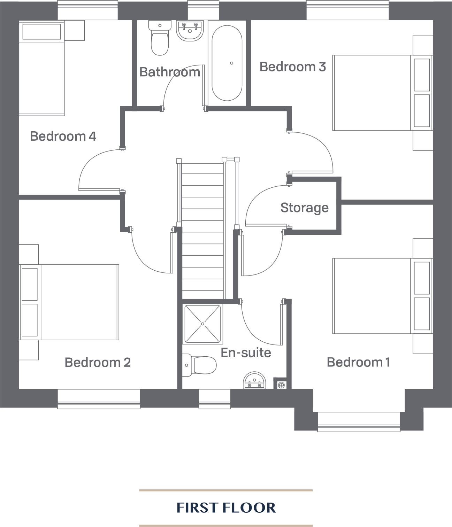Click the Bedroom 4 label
point(63,136)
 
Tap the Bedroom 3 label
point(293,67)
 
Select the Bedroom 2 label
point(98,363)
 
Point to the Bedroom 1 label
point(358,362)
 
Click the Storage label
point(305,208)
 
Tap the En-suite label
point(246,352)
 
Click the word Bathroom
point(170,72)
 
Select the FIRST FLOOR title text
point(226,508)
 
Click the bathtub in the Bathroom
point(227,63)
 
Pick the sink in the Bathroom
point(190,31)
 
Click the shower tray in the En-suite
point(202,324)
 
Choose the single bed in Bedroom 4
point(42,70)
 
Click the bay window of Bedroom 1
point(359,421)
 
